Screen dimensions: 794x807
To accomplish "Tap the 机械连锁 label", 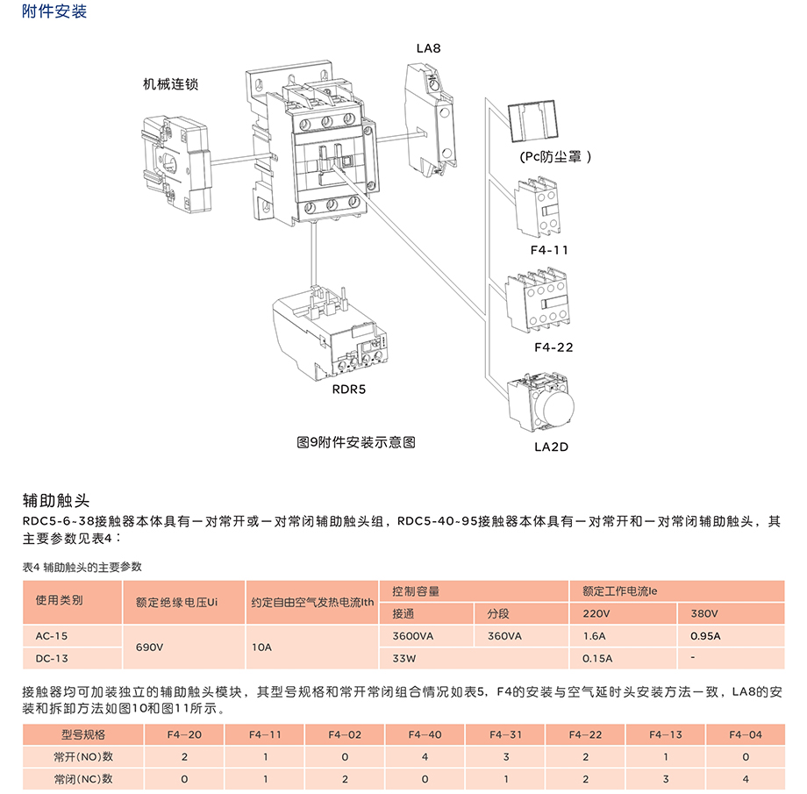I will click(171, 85).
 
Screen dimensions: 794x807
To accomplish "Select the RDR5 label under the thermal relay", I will click(348, 390).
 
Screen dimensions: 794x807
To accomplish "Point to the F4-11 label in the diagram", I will click(549, 250).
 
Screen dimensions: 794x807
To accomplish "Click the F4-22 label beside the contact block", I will click(553, 347).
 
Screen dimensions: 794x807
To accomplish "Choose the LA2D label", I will click(552, 447).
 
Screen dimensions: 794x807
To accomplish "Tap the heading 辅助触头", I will click(56, 501).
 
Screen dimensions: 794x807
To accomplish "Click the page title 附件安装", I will click(54, 12).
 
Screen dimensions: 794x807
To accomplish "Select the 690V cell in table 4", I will click(149, 647).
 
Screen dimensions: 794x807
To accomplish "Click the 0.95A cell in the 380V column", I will click(705, 636).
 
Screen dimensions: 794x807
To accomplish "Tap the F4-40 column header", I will click(425, 734).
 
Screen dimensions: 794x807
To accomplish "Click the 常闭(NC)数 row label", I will click(83, 778).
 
